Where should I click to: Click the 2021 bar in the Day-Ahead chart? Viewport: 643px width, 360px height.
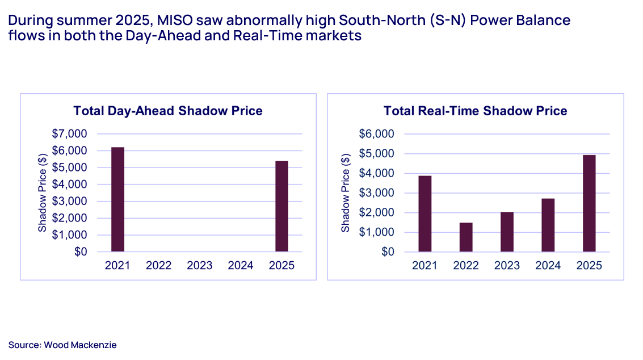(x=117, y=199)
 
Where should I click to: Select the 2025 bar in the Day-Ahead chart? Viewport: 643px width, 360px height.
(x=281, y=206)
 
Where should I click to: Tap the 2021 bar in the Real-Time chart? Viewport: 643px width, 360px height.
(x=425, y=214)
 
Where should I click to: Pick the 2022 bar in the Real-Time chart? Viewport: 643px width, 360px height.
(x=466, y=237)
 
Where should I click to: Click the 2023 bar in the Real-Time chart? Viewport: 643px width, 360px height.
(x=507, y=232)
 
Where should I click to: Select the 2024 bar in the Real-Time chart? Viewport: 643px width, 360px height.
(x=548, y=225)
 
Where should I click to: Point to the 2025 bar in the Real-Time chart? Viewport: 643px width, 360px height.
(x=589, y=203)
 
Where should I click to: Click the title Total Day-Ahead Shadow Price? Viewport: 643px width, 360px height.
(x=168, y=111)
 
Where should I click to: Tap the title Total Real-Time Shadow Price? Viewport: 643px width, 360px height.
(x=475, y=111)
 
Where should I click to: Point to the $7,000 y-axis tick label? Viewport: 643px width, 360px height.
(x=70, y=134)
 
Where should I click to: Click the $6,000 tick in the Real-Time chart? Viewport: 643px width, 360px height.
(x=377, y=134)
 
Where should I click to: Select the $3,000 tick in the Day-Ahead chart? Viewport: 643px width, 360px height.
(x=70, y=201)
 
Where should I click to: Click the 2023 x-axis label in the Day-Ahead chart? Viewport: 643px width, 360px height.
(x=200, y=266)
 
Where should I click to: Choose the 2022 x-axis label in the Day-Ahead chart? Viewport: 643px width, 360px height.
(x=159, y=266)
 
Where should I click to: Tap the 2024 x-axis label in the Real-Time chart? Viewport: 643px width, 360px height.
(x=548, y=266)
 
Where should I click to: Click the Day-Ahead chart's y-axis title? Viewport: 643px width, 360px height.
(x=42, y=193)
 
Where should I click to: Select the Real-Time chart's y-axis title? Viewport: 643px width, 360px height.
(x=345, y=193)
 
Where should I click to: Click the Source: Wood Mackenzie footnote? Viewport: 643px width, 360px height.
(x=62, y=345)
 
